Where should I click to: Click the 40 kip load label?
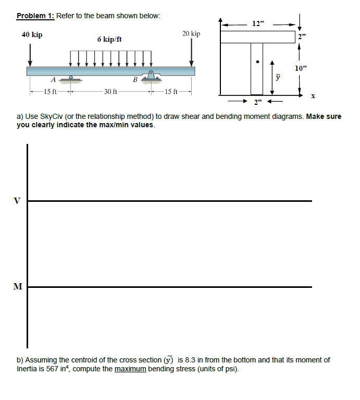[x=32, y=34]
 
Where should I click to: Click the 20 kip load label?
[x=191, y=34]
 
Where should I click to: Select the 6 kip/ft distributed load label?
[x=109, y=39]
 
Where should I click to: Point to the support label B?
[x=135, y=80]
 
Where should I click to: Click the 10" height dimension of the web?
[x=301, y=68]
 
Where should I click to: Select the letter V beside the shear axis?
[x=18, y=200]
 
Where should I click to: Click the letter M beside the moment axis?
[x=18, y=286]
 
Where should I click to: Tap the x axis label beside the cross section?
[x=313, y=95]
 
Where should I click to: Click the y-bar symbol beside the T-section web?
[x=278, y=77]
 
